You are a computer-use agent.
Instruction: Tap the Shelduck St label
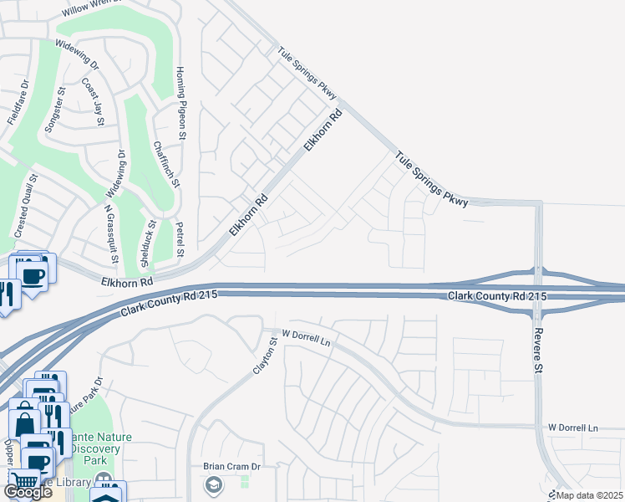tap(149, 243)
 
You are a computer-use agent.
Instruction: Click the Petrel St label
tap(180, 241)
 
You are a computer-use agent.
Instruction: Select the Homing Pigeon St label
tap(179, 103)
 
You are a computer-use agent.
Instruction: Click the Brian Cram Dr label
tap(232, 467)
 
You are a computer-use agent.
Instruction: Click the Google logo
tap(28, 492)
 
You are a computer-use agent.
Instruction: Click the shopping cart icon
tap(25, 482)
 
